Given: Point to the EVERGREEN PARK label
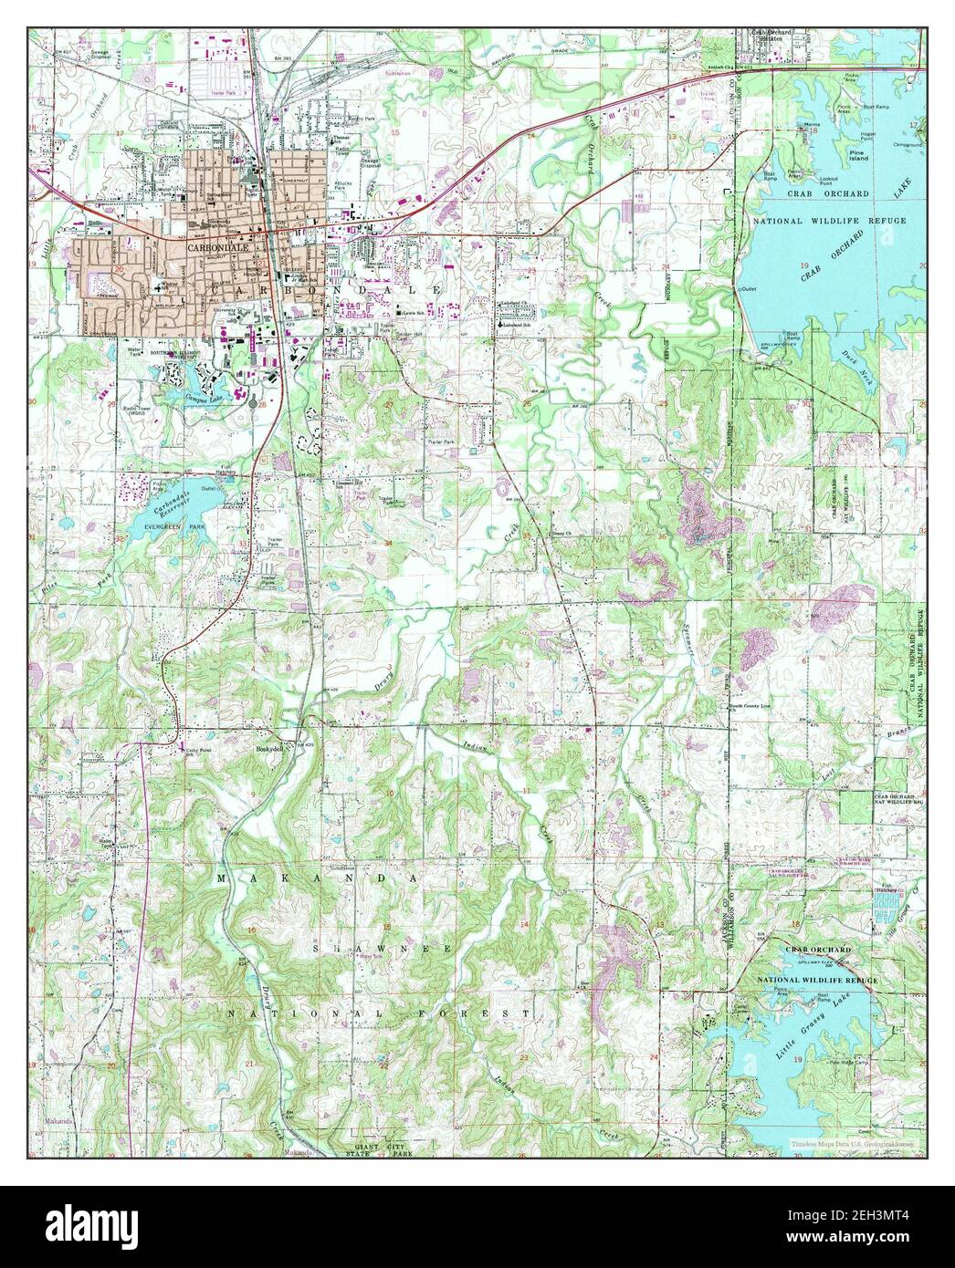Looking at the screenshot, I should [x=168, y=528].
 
